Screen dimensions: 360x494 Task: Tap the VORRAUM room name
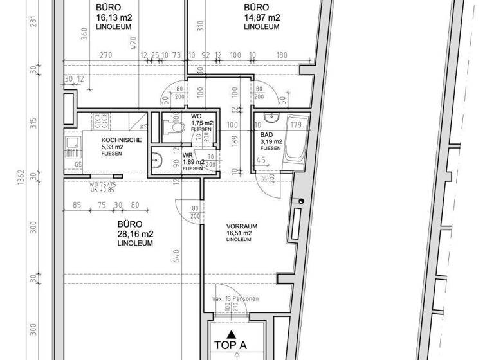pos(242,226)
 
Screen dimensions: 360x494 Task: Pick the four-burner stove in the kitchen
pos(101,121)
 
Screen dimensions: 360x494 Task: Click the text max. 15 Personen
pos(234,300)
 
